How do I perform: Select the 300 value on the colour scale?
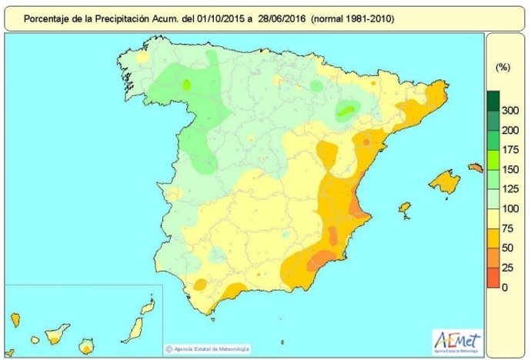[509, 112]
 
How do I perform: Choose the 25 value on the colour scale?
[506, 268]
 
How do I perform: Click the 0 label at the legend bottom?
[504, 287]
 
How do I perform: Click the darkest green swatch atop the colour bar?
[493, 100]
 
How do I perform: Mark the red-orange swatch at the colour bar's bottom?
[493, 278]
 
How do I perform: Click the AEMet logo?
[459, 339]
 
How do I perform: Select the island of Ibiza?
[404, 208]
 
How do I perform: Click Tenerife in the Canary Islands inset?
[57, 335]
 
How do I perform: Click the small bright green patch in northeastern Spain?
[346, 112]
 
